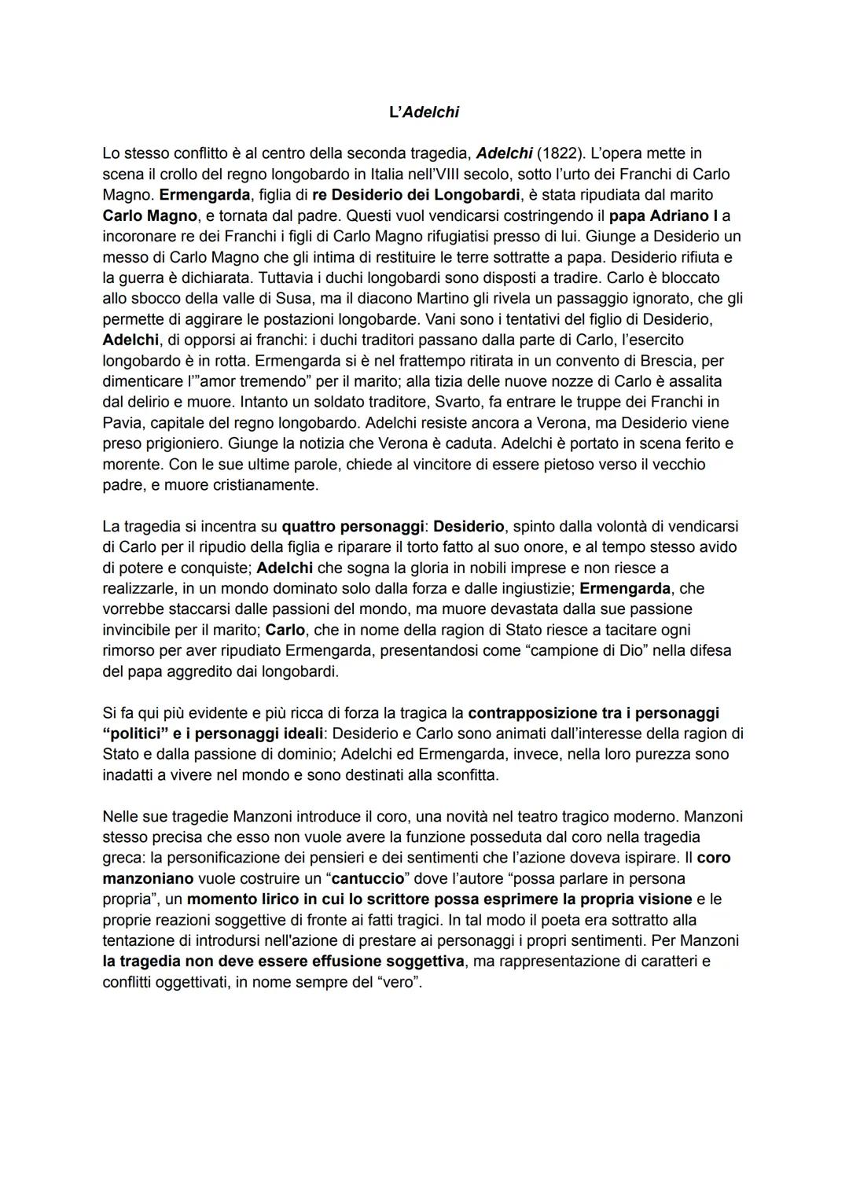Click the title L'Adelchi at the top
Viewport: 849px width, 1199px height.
tap(424, 112)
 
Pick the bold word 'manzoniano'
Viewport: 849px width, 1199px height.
tap(148, 878)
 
